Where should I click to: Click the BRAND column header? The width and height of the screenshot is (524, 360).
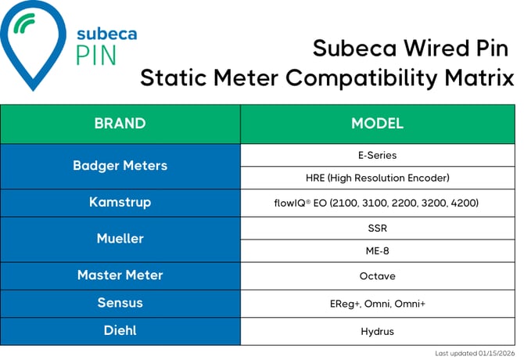pos(120,124)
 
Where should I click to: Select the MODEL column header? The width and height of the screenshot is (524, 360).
pos(377,124)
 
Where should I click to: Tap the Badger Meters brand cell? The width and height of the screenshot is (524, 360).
pos(120,166)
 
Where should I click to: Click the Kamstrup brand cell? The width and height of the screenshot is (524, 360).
pos(120,203)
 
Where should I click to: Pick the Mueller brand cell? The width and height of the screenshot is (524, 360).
pos(120,239)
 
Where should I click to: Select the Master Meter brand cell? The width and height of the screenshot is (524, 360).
pos(120,275)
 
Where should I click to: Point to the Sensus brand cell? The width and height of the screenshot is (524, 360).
pos(120,303)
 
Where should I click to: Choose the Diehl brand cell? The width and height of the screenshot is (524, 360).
pos(120,331)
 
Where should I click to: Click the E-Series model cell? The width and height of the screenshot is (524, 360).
pos(377,155)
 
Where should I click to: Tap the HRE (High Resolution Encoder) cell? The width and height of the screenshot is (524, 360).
pos(377,178)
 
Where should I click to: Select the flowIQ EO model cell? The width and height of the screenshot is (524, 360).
pos(377,203)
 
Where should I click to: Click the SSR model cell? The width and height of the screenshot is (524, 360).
pos(377,228)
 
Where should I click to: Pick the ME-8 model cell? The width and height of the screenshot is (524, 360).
pos(377,251)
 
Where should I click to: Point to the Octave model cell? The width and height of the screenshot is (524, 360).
pos(377,275)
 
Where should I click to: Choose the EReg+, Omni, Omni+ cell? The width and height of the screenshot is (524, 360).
pos(377,303)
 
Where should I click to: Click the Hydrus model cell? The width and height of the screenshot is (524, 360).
pos(377,331)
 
